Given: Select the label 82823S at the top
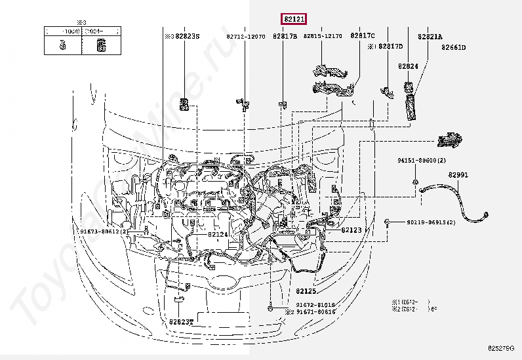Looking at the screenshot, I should (188, 37).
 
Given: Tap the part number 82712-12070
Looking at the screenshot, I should (246, 37).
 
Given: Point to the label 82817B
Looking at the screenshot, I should (286, 37).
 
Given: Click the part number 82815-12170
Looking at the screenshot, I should (323, 37).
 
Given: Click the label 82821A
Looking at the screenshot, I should (430, 37).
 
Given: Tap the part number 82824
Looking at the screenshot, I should (409, 67).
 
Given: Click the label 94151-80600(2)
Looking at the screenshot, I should (421, 161).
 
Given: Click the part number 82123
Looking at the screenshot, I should (351, 230).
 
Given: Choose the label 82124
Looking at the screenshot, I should (218, 234).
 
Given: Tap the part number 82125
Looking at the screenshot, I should (305, 290).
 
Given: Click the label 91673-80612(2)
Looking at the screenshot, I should (104, 231).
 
